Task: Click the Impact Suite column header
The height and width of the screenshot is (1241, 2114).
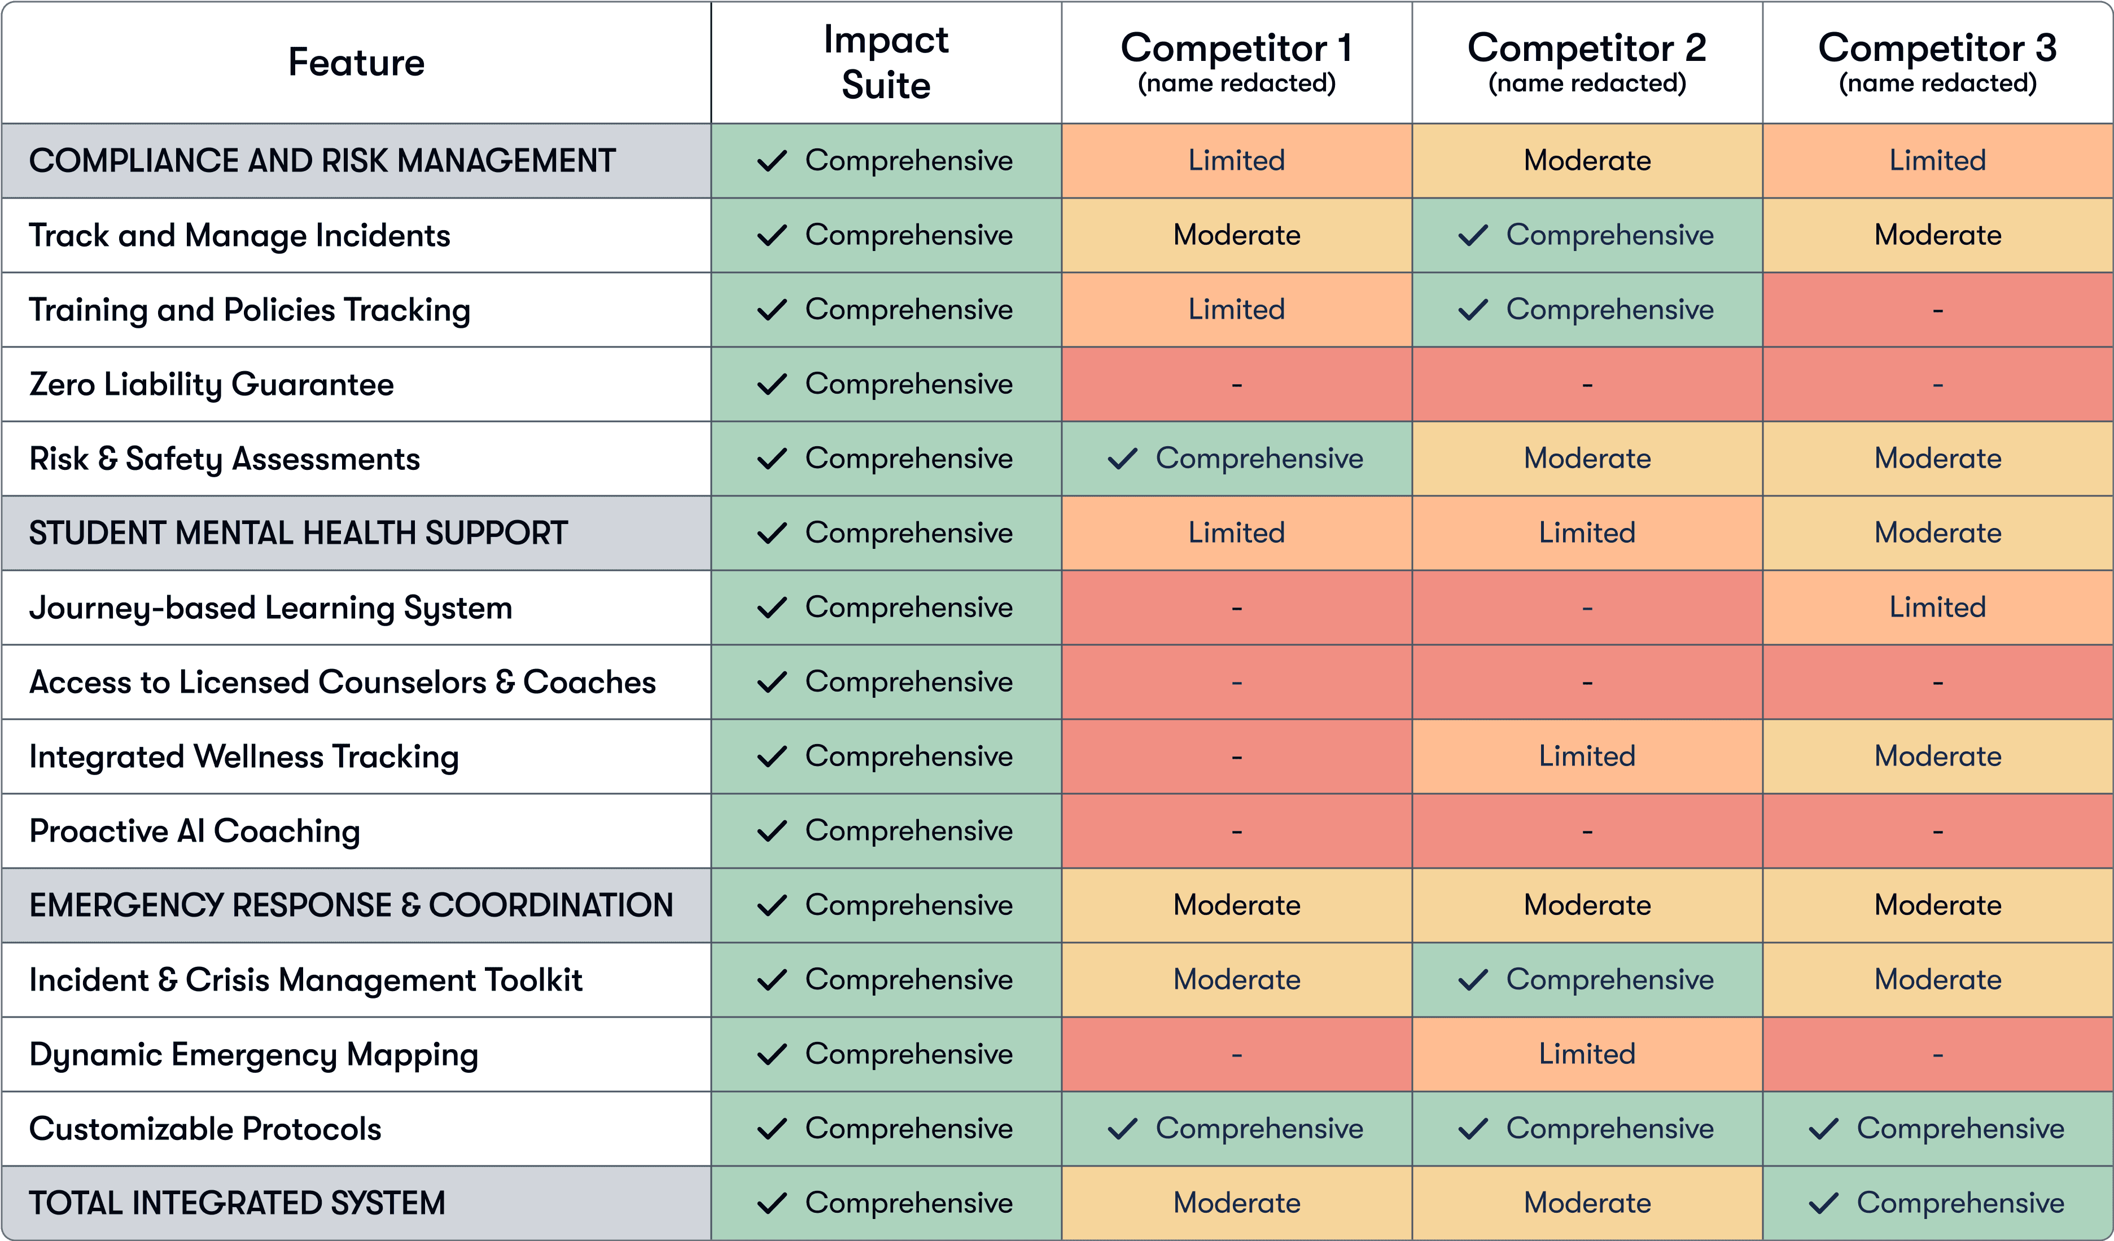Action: pos(886,62)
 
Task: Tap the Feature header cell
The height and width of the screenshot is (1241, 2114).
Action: pos(357,63)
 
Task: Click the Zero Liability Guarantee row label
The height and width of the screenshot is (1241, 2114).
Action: pos(211,384)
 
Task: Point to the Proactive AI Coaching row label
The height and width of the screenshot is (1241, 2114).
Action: pos(195,831)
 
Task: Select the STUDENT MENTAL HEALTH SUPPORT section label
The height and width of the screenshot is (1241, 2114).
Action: pos(298,533)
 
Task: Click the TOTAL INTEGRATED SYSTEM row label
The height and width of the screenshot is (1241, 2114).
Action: pos(238,1203)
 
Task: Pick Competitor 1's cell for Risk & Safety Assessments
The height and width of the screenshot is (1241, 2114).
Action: pos(1237,459)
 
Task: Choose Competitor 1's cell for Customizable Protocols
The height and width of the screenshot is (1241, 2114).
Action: pos(1237,1129)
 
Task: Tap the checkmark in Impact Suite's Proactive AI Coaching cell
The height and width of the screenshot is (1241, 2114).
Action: pos(772,831)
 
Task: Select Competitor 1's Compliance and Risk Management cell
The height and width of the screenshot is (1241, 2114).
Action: pos(1237,161)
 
